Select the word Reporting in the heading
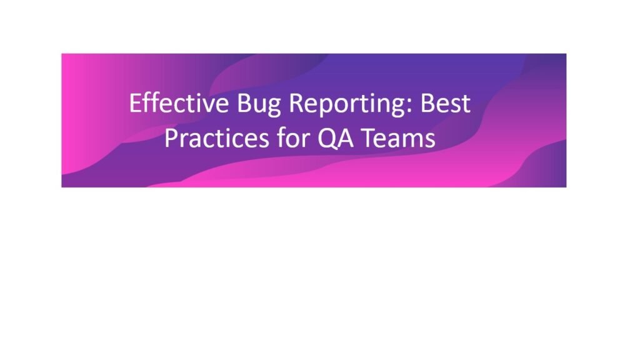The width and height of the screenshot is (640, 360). [x=349, y=104]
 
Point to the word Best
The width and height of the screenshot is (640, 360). [x=446, y=103]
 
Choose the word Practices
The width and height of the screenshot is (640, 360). [x=217, y=138]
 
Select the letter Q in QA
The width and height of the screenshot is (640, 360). [x=327, y=139]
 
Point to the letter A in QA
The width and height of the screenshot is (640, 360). [x=345, y=138]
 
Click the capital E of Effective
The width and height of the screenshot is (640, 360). [x=135, y=103]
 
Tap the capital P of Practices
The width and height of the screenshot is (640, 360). [x=171, y=138]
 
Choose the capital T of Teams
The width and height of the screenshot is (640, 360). [x=369, y=138]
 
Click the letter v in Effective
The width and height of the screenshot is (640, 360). [x=209, y=106]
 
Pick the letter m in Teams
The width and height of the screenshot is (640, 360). [x=412, y=141]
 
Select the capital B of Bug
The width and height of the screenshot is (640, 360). [x=244, y=103]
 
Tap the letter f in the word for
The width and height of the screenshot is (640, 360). [x=281, y=137]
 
